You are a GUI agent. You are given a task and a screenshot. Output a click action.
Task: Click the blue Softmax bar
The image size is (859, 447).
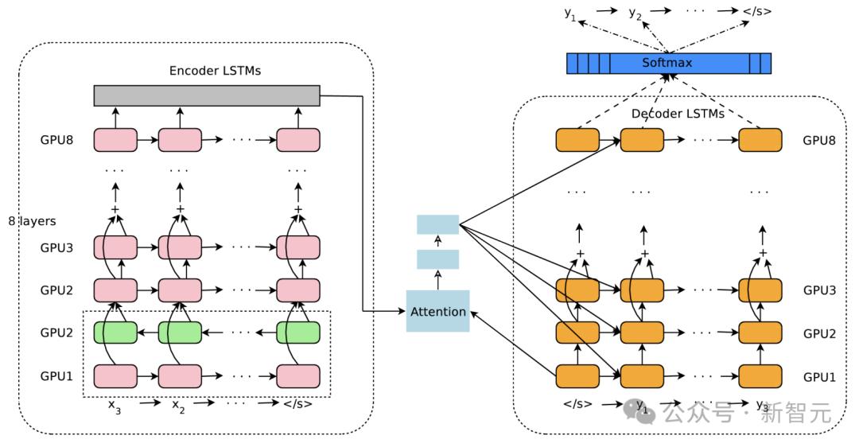pos(669,63)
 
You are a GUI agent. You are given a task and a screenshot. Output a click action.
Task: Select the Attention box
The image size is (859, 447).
pos(437,311)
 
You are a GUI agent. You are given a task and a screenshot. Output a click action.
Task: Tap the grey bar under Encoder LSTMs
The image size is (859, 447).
pos(207,95)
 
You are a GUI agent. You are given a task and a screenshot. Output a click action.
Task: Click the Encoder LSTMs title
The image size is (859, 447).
pos(215,71)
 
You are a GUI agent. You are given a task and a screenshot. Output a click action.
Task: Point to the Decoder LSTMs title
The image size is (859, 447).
pos(678,114)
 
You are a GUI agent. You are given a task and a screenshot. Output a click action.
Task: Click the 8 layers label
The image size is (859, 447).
pos(32,220)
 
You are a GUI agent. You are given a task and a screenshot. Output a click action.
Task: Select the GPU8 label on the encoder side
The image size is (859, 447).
pos(57,140)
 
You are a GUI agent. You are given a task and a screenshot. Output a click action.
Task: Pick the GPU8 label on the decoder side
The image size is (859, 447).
pos(819,140)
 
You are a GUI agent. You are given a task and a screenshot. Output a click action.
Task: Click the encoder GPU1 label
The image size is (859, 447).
pos(57,375)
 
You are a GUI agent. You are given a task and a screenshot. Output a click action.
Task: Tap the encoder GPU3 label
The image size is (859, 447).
pos(57,247)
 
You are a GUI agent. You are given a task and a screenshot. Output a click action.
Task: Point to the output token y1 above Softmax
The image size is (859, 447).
pos(570,13)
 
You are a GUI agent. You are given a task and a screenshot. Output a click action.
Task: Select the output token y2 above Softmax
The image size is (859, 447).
pos(635,13)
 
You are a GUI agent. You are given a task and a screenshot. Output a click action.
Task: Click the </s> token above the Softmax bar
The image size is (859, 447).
pos(756,12)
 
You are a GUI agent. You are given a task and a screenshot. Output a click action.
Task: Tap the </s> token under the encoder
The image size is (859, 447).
pos(297,404)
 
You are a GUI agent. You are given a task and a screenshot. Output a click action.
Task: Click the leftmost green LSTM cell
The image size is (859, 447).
pos(115,332)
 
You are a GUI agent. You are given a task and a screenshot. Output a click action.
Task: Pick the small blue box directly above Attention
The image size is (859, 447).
pos(437,259)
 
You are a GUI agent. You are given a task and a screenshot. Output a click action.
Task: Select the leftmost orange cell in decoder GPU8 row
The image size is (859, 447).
pos(577,140)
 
